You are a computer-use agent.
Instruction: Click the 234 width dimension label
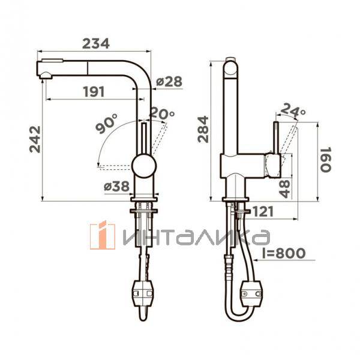coord(96,44)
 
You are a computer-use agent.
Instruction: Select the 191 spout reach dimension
coord(94,92)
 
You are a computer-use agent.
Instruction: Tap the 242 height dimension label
coord(35,139)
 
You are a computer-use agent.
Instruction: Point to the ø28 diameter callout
coord(169,81)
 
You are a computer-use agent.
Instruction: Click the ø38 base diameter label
coord(116,186)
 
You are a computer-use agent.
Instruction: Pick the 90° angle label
coord(107,124)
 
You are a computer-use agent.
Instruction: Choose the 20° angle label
coord(162,113)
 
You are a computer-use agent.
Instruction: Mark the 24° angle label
coord(293,110)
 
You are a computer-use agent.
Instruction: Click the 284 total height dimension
coord(203,130)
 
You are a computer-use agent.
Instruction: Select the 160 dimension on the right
coord(326,160)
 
